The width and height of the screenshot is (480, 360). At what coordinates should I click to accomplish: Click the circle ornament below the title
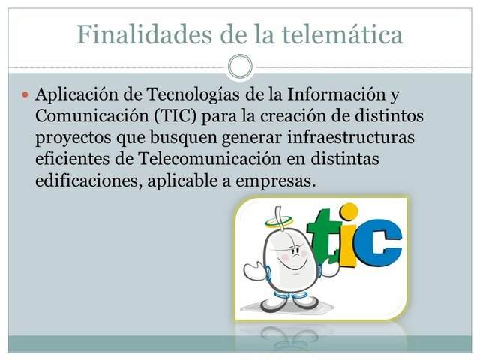point(239,67)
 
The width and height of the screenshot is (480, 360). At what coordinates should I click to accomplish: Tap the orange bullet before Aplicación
point(25,96)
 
